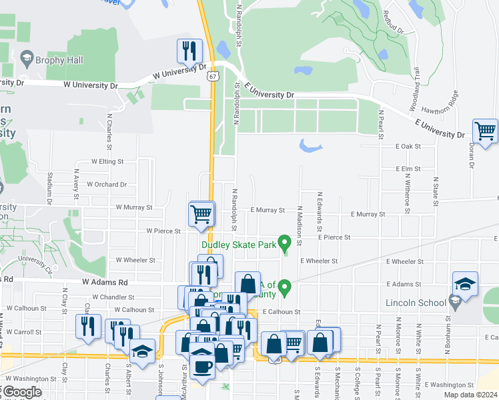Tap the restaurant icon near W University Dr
[x=189, y=51]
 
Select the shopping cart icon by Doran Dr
[x=484, y=130]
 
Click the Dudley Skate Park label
[x=239, y=245]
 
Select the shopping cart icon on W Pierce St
[x=201, y=214]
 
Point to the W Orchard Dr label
[x=107, y=185]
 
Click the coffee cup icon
[x=202, y=365]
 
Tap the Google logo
[x=22, y=392]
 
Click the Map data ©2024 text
[x=470, y=395]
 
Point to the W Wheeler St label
[x=135, y=260]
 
